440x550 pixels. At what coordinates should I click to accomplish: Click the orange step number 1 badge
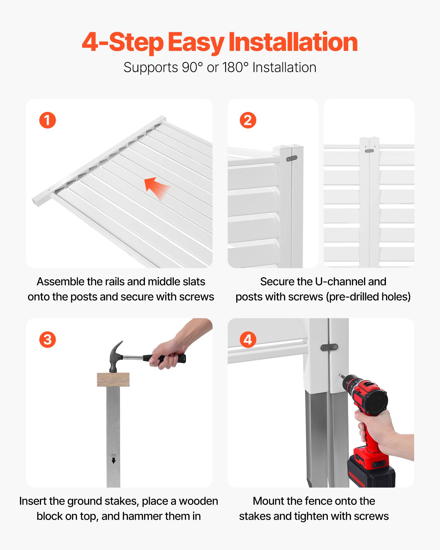(48, 120)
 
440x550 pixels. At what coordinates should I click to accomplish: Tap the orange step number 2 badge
(248, 120)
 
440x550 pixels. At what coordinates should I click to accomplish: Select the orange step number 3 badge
(48, 340)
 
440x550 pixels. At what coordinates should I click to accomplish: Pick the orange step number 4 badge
(248, 340)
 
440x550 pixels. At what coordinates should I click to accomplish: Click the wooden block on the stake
(113, 380)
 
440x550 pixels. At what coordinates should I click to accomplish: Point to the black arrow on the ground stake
(114, 460)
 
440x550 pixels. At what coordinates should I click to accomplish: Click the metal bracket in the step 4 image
(329, 348)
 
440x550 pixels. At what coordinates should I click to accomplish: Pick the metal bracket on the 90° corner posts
(291, 158)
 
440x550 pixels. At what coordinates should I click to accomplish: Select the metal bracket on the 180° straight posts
(369, 151)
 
